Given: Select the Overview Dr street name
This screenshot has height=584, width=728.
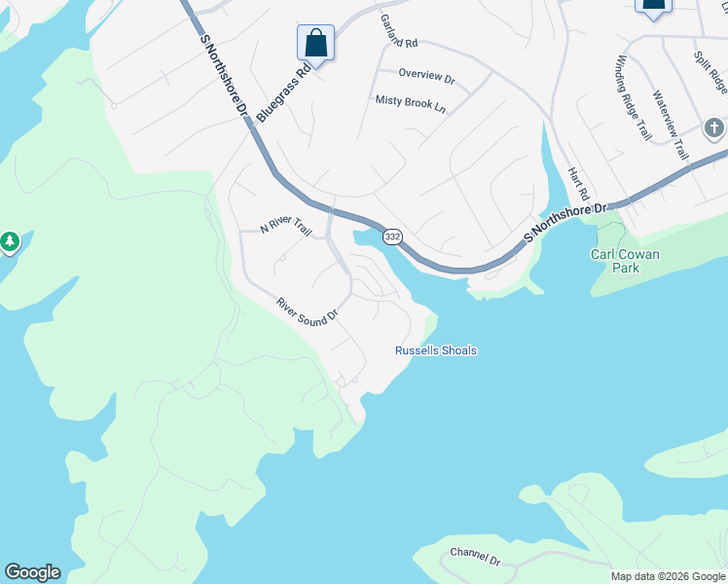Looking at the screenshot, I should coord(427,75).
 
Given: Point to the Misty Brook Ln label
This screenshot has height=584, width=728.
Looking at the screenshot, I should coord(411,101).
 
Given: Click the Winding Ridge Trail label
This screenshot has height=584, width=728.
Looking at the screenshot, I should coord(632,98).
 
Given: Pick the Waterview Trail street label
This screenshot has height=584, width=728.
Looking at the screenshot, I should coord(671,126).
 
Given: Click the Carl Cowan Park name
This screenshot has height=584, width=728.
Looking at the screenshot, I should coord(625,261).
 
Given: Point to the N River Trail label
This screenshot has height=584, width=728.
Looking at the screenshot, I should coord(286,229).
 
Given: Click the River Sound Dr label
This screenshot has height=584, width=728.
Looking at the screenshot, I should coord(307,310).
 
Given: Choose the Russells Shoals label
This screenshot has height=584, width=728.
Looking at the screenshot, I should coord(436,350).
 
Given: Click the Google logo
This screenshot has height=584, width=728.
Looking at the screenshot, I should coord(32,572).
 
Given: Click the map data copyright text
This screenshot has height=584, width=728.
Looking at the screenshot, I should coord(669,576).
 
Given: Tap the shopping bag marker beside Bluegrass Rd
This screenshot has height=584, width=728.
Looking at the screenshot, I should coord(315,43).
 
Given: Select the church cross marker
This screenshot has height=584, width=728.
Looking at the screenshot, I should coord(713,128).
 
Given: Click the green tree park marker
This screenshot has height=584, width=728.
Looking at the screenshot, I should coord(10,240).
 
